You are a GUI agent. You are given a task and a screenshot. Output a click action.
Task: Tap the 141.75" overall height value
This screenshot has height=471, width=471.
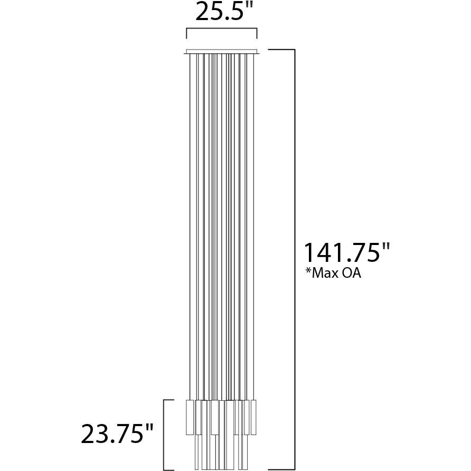coord(346,253)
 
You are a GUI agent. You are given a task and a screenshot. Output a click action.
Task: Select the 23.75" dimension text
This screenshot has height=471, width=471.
coord(117,434)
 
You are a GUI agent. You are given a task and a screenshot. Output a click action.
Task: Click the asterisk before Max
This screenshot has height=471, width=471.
coord(307,271)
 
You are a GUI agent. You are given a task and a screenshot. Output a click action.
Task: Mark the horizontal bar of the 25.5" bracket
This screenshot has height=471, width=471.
coord(221,29)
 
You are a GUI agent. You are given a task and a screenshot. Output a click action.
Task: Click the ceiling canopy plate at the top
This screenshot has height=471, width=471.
coord(222,52)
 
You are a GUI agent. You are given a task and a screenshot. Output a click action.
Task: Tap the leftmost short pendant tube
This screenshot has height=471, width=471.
coord(190,417)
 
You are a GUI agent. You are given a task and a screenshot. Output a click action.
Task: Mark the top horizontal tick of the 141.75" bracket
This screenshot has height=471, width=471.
coord(281,50)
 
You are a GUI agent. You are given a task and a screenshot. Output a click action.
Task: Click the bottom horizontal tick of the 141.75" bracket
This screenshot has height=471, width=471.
coord(281,469)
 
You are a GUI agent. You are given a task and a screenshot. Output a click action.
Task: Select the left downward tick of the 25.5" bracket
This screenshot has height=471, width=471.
coord(186,34)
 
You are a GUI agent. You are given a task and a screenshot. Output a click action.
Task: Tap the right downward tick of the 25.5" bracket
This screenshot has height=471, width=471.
coord(257,34)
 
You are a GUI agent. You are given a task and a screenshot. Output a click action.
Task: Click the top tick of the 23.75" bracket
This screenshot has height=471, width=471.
coord(169,400)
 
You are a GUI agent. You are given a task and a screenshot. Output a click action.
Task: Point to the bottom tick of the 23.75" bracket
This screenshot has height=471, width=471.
coord(169,469)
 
